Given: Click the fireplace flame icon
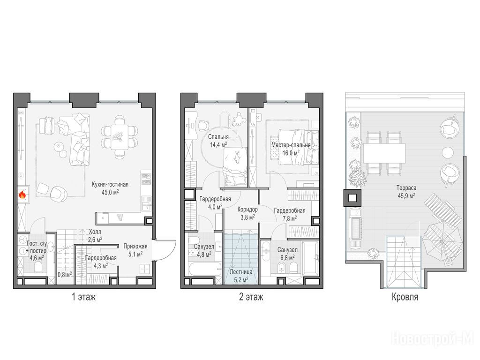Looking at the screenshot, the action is [x=22, y=195].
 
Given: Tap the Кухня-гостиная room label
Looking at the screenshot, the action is [x=110, y=185].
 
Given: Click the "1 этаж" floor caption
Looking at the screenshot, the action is [x=83, y=297].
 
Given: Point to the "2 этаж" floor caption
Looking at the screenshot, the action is [x=251, y=297].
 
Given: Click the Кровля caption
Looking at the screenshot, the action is [x=405, y=297].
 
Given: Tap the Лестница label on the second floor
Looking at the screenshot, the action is [x=241, y=271].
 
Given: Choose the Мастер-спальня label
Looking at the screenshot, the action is [x=291, y=145].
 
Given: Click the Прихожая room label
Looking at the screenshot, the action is [x=135, y=246].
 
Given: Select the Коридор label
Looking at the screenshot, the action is [x=247, y=210].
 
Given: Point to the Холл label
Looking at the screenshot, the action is [x=95, y=232].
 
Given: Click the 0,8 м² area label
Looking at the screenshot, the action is [x=65, y=274].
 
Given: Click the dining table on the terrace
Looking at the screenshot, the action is [x=384, y=153].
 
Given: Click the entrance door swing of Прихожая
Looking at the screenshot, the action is [x=166, y=249].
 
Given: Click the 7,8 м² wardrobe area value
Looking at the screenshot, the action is [x=289, y=218].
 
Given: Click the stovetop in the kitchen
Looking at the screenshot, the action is [x=146, y=178].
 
